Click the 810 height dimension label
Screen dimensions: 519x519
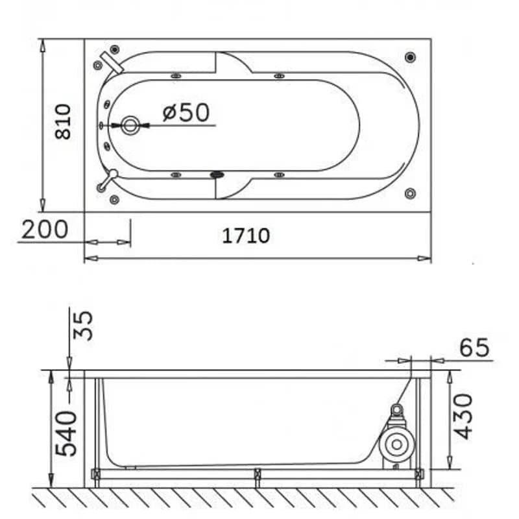point(63,121)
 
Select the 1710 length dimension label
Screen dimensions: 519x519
point(246,235)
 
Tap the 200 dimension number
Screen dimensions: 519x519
point(45,229)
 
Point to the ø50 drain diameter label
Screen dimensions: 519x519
point(186,112)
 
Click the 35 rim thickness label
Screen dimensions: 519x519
point(82,326)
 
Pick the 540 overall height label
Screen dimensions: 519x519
point(66,433)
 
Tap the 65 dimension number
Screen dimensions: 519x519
point(474,348)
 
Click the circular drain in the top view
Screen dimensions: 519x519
point(130,125)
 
